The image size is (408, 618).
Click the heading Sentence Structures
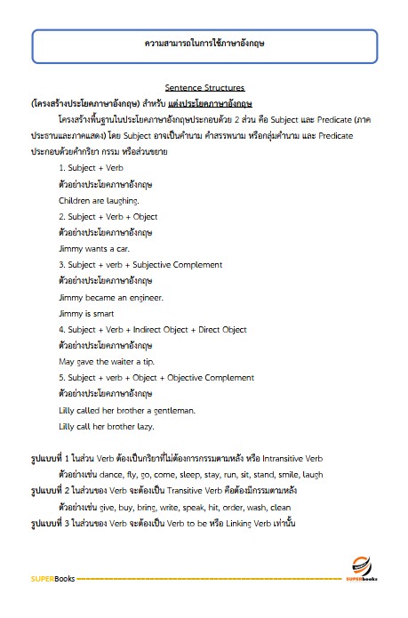(x=204, y=90)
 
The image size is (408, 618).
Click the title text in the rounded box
(x=204, y=43)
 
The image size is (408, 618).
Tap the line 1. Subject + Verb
(x=92, y=167)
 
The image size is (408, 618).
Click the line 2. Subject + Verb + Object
(x=108, y=216)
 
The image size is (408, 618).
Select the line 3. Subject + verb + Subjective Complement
(x=140, y=264)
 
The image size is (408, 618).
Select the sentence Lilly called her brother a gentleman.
(x=126, y=410)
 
